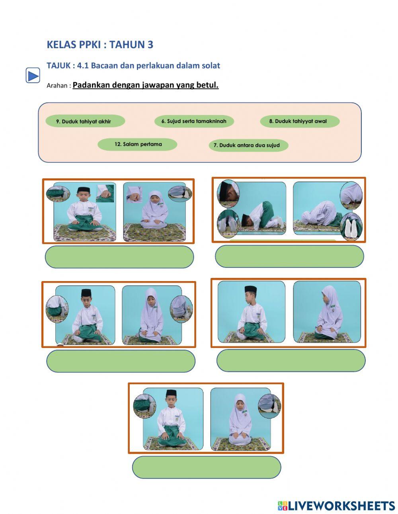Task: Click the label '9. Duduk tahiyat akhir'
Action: tap(85, 121)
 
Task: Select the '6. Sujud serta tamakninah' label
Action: tap(194, 121)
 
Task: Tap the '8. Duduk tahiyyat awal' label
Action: tap(299, 121)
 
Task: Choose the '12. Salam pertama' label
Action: tap(138, 144)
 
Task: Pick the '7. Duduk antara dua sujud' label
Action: tap(248, 145)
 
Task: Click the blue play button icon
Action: tap(33, 75)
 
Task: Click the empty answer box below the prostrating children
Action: tap(289, 256)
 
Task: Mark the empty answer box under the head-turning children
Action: tap(291, 361)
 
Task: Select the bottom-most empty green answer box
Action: tap(206, 467)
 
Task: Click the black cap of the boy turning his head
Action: tap(250, 289)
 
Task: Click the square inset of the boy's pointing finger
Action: tap(105, 193)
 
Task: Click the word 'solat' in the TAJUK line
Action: tap(209, 65)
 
